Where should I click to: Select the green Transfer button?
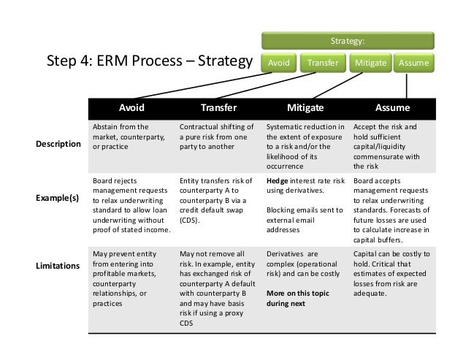tap(321, 63)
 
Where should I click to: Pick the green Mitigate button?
tap(370, 63)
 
